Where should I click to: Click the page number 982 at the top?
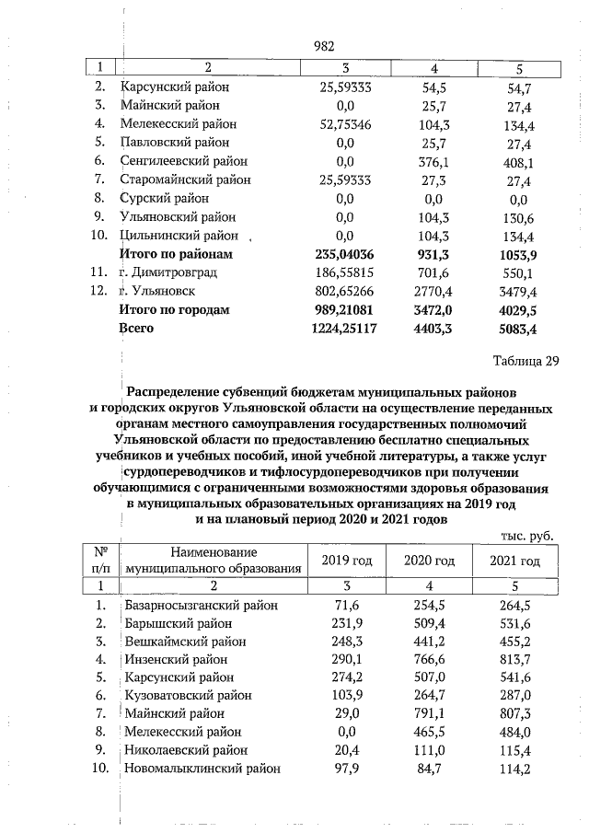pos(322,46)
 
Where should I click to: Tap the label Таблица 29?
pos(525,360)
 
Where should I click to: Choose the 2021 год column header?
pos(514,561)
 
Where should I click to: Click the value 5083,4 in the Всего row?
pos(518,328)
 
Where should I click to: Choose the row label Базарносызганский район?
pos(202,605)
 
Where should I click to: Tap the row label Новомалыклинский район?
pos(202,768)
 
